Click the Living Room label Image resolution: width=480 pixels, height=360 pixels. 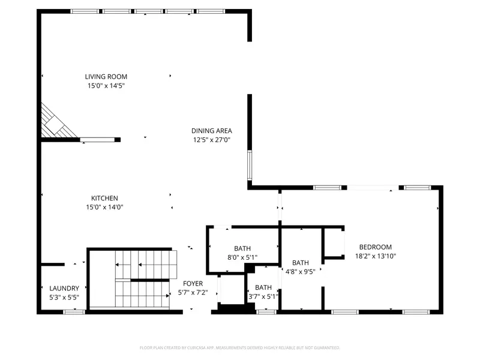click(x=106, y=77)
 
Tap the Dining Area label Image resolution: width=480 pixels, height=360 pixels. click(x=211, y=131)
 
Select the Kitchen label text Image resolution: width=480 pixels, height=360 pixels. click(x=104, y=199)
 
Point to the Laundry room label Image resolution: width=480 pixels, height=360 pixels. click(x=64, y=289)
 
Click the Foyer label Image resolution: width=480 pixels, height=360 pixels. click(x=193, y=284)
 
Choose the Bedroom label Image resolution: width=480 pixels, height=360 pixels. click(x=375, y=247)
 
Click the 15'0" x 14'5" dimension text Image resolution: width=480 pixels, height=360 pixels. click(x=106, y=86)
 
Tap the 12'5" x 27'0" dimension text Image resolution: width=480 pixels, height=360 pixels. click(x=211, y=140)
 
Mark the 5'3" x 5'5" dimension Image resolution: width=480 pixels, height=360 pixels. click(x=64, y=297)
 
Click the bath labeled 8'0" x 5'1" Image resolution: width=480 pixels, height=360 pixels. click(x=242, y=248)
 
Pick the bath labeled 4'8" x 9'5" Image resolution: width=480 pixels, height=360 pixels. click(x=300, y=263)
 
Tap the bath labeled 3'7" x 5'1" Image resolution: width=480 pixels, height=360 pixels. click(x=263, y=287)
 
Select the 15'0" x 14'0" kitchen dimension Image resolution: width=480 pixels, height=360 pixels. click(x=104, y=208)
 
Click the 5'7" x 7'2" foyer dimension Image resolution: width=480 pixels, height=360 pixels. click(x=193, y=293)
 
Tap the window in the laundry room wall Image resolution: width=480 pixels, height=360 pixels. click(x=74, y=311)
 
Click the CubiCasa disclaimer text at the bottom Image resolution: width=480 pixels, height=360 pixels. click(x=240, y=347)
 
